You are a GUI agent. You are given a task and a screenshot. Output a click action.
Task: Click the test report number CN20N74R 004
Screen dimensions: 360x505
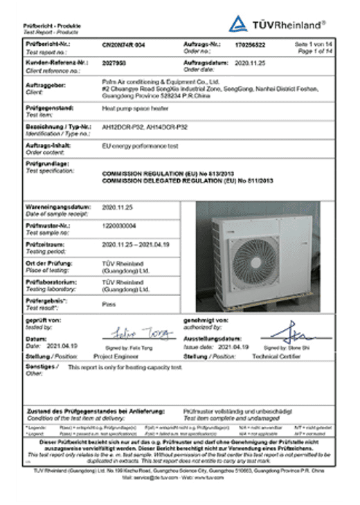click(x=125, y=43)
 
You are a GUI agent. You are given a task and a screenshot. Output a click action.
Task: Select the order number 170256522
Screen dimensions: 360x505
click(x=249, y=43)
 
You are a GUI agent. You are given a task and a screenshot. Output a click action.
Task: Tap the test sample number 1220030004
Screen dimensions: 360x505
click(x=119, y=226)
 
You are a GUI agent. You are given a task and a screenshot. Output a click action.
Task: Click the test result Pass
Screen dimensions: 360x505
click(x=109, y=303)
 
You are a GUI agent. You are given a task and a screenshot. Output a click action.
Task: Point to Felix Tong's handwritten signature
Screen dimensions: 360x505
click(x=140, y=333)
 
